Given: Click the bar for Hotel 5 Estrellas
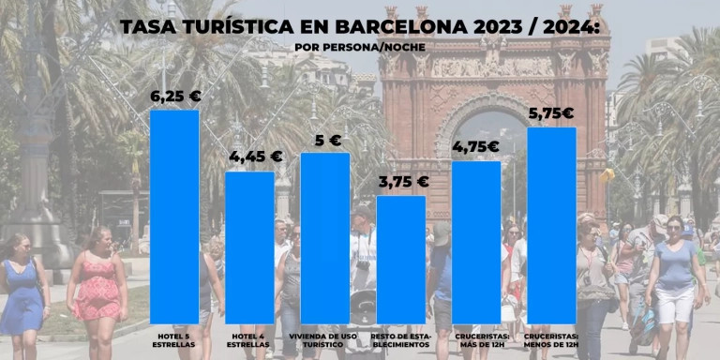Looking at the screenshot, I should click(x=174, y=216).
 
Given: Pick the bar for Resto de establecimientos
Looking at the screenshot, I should click(x=400, y=259).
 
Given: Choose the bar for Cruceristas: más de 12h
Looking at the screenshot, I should click(x=476, y=242).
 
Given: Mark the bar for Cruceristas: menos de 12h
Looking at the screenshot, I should click(x=551, y=225).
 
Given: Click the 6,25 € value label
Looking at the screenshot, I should click(x=175, y=96).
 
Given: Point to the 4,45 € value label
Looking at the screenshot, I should click(x=250, y=157).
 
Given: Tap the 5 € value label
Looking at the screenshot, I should click(x=327, y=141).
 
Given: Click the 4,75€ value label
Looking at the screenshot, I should click(x=475, y=146).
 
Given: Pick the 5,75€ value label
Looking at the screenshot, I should click(x=551, y=113).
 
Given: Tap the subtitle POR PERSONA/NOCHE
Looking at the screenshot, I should click(x=359, y=47).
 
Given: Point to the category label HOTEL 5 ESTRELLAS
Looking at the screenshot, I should click(x=174, y=337).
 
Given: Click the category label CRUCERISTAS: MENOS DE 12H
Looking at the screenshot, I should click(x=551, y=337).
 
